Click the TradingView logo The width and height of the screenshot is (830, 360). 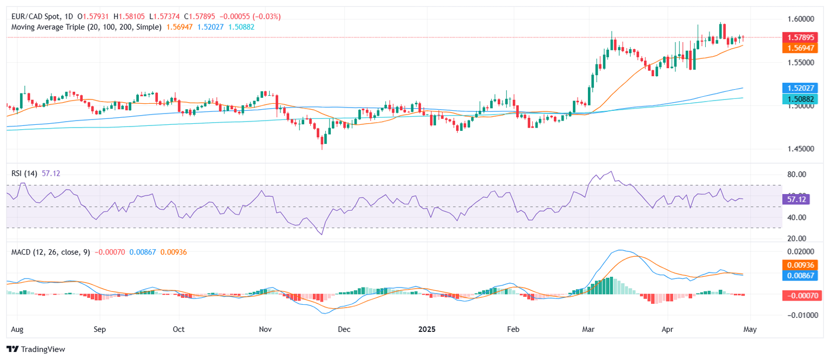pos(36,349)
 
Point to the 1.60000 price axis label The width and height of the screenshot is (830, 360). pos(800,19)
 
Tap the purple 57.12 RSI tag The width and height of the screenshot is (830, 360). pos(796,199)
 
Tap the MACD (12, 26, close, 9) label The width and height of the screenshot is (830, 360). pos(50,252)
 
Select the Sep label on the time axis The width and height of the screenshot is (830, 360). pos(99,329)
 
